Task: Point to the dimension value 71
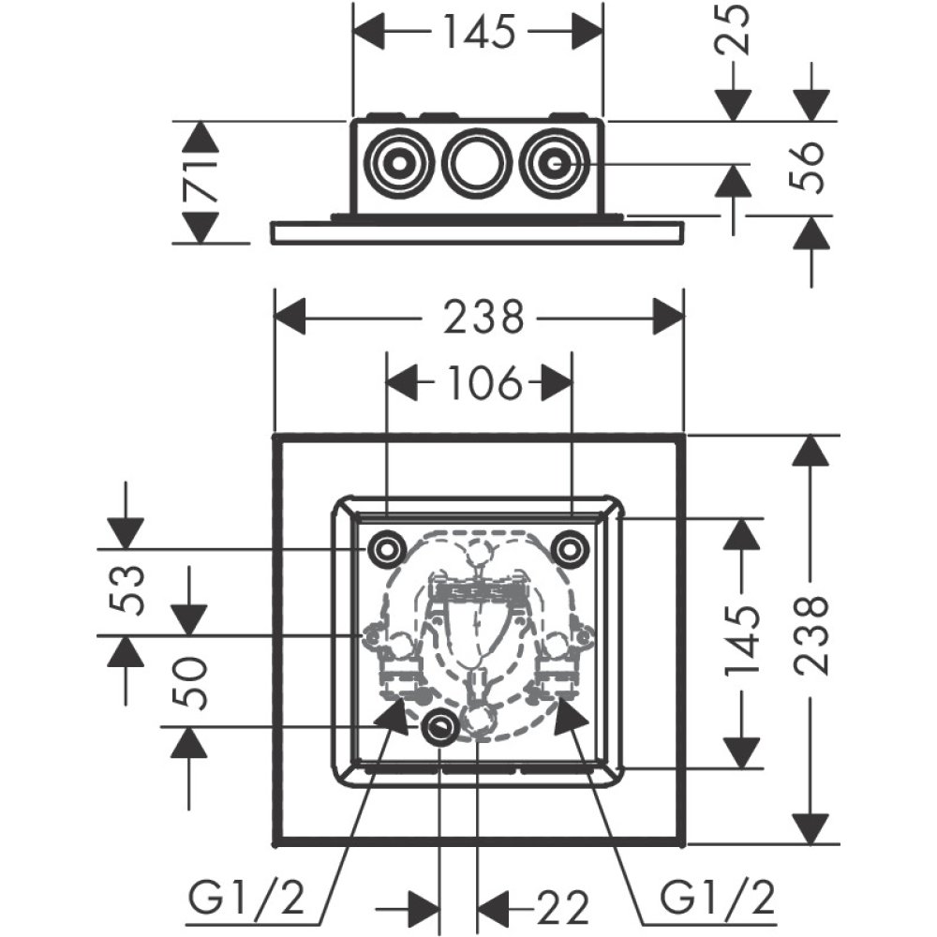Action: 200,181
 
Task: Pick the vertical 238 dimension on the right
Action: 811,634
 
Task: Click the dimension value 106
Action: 479,382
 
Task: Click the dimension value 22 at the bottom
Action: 561,906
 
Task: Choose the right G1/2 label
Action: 719,900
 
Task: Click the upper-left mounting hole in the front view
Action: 386,549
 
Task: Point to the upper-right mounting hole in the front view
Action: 571,549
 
